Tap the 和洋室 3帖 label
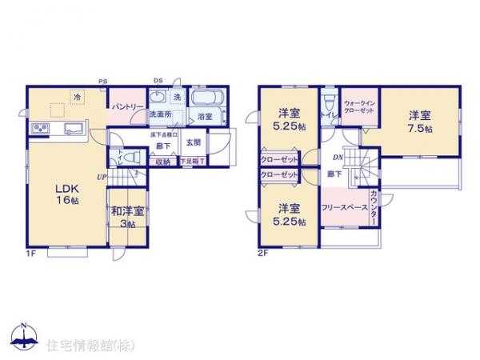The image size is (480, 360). (x=127, y=217)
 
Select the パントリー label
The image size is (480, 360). (x=127, y=106)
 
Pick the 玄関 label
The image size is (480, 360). (x=194, y=142)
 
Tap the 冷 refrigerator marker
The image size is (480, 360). (x=78, y=97)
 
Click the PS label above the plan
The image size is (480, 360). (x=102, y=81)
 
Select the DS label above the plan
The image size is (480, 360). (x=158, y=81)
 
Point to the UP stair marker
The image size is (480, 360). (x=102, y=177)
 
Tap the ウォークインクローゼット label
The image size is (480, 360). (x=359, y=107)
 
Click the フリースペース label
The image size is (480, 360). (x=344, y=206)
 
